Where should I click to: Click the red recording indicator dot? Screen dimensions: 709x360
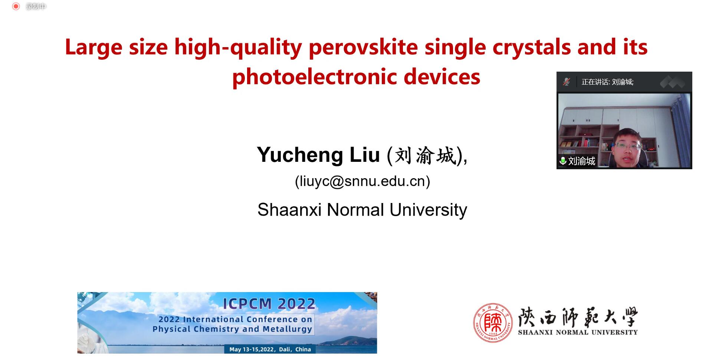(x=16, y=6)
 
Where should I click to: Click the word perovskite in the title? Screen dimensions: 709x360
(x=363, y=48)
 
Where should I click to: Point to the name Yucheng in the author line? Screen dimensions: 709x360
(x=300, y=155)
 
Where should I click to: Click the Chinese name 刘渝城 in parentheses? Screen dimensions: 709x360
(x=425, y=155)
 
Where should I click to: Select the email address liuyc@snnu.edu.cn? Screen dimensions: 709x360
(x=362, y=181)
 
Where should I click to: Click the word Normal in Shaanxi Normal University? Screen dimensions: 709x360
(x=355, y=210)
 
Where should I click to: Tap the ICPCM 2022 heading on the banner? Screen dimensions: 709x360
(x=269, y=304)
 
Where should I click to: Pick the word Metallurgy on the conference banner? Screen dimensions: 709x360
(x=288, y=329)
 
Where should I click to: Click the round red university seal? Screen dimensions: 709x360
(x=493, y=323)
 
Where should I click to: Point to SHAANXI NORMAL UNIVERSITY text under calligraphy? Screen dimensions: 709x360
(x=578, y=332)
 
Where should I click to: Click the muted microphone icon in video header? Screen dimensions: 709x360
(x=567, y=82)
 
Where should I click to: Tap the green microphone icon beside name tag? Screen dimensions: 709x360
(x=563, y=161)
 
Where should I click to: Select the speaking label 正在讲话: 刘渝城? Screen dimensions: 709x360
(x=607, y=82)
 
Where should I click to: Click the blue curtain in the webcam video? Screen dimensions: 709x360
(x=681, y=130)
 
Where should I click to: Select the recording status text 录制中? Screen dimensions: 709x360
(x=36, y=6)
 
